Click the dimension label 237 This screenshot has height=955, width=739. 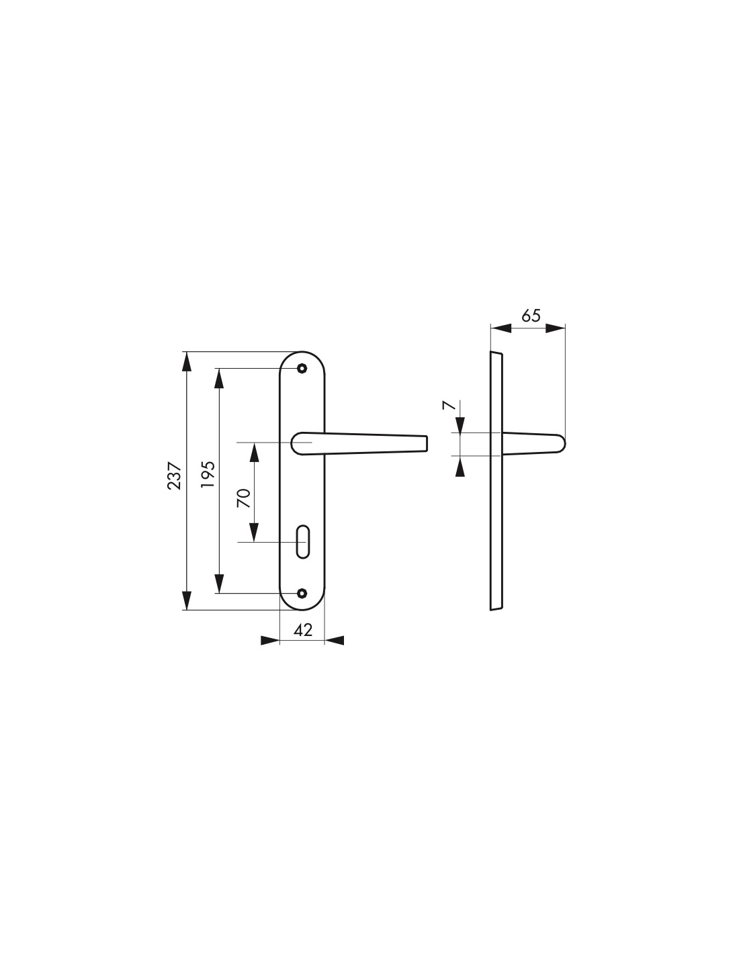(x=174, y=475)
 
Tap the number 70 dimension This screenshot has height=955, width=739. (x=244, y=498)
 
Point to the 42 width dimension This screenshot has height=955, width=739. (x=303, y=630)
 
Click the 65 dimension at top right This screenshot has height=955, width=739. (x=531, y=315)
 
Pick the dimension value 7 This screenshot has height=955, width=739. (x=448, y=405)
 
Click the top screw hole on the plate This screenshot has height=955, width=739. (x=301, y=368)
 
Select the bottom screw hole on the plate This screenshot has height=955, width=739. (x=301, y=593)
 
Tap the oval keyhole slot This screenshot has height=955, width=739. (x=303, y=541)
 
